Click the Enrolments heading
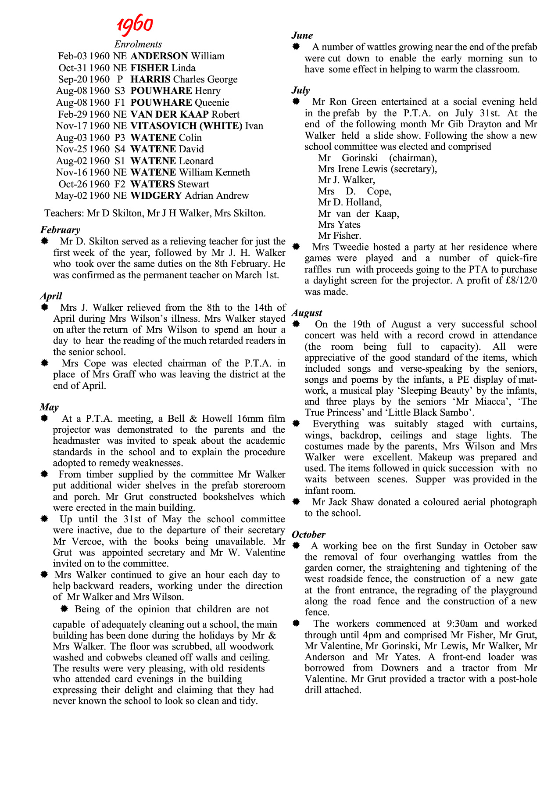coord(138,44)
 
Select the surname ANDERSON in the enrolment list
coord(159,56)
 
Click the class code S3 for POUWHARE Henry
coord(120,91)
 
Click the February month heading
coord(61,230)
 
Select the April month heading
coord(51,296)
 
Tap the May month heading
coord(49,407)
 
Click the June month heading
coord(302,36)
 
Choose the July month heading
coord(301,90)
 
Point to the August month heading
coord(307,313)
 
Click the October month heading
coord(309,535)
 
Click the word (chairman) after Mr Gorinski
coord(413,158)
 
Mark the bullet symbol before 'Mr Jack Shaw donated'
coord(296,502)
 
